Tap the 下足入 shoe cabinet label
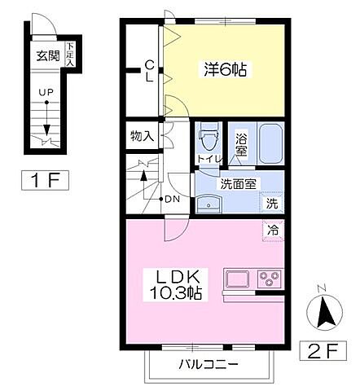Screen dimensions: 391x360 coord(70,55)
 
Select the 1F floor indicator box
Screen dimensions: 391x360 coord(42,179)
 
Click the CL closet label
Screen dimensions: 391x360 coord(150,72)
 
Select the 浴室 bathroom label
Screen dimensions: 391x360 coord(241,144)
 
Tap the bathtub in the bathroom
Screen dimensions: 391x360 coord(270,145)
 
